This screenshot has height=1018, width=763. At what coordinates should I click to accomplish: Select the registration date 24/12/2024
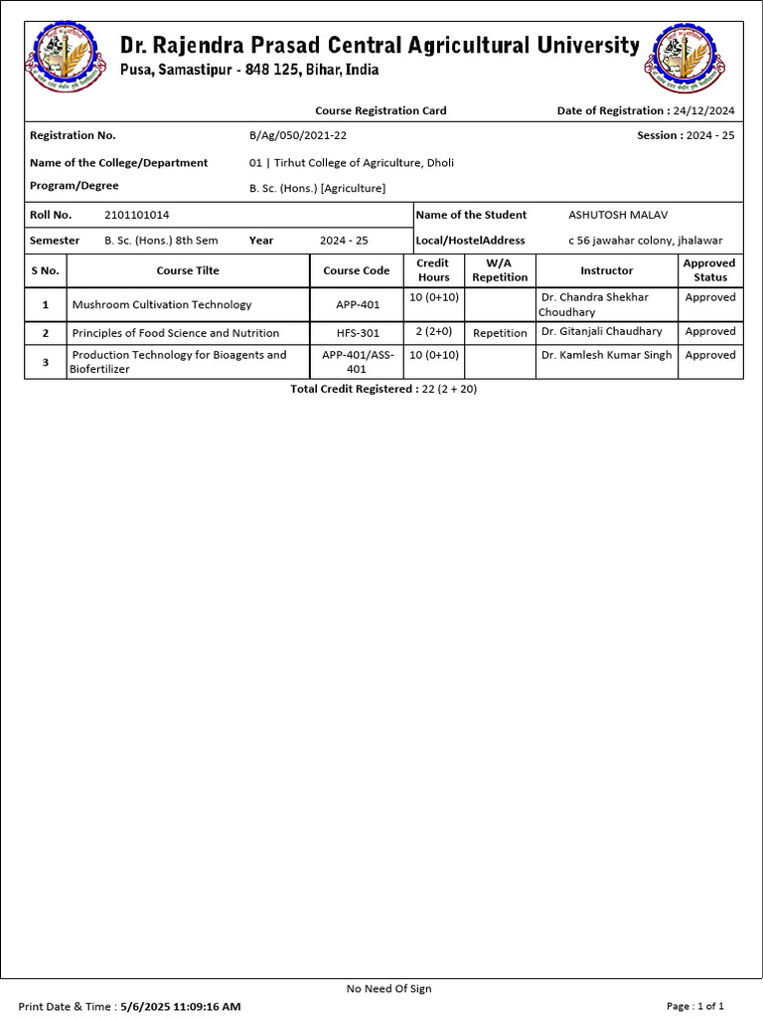click(702, 110)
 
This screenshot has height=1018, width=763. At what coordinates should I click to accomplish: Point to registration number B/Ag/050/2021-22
click(298, 135)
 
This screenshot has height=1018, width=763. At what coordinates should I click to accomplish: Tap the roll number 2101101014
click(137, 215)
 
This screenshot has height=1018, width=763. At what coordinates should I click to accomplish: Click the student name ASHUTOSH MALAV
click(611, 215)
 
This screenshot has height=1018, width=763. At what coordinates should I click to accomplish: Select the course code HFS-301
click(357, 333)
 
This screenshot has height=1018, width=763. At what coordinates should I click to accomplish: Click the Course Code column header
click(357, 270)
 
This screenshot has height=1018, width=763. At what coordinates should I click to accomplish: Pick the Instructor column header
click(606, 270)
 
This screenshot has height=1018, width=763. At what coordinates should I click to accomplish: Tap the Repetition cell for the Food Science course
click(500, 333)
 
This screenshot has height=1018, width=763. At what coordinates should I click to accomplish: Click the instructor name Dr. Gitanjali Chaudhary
click(602, 332)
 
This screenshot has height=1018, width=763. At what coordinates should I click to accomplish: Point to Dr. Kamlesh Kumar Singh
click(607, 355)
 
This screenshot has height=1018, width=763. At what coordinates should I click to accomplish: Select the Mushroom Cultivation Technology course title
click(162, 305)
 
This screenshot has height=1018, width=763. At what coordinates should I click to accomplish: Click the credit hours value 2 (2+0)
click(433, 332)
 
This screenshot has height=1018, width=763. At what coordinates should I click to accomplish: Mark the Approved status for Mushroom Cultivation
click(710, 297)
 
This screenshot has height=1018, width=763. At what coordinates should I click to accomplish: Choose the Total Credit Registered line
click(383, 389)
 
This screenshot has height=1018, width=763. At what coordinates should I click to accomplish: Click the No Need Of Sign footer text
click(388, 988)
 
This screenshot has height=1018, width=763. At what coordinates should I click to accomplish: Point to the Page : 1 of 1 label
click(702, 1006)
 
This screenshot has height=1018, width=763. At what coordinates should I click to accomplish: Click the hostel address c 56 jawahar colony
click(646, 241)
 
